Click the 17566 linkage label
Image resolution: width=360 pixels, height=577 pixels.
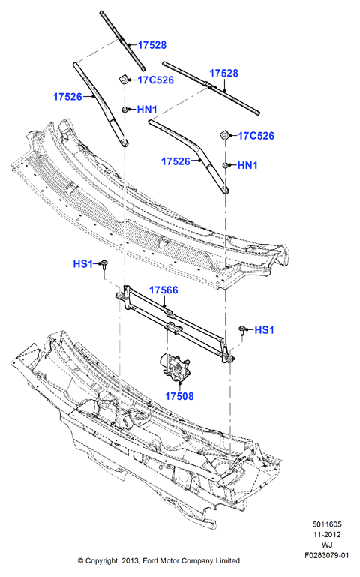click(x=163, y=290)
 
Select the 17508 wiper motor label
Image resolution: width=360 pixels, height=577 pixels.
click(x=179, y=396)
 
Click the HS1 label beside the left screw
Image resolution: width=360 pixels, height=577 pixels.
click(x=82, y=264)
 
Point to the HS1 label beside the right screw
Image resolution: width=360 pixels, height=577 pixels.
click(x=265, y=329)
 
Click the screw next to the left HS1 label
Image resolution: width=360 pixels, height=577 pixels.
click(x=104, y=266)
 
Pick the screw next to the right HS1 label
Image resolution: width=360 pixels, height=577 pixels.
click(x=242, y=329)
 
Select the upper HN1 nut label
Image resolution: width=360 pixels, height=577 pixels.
click(x=147, y=110)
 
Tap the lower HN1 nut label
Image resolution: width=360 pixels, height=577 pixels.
click(x=247, y=165)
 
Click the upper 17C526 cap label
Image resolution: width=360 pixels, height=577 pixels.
click(x=155, y=80)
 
